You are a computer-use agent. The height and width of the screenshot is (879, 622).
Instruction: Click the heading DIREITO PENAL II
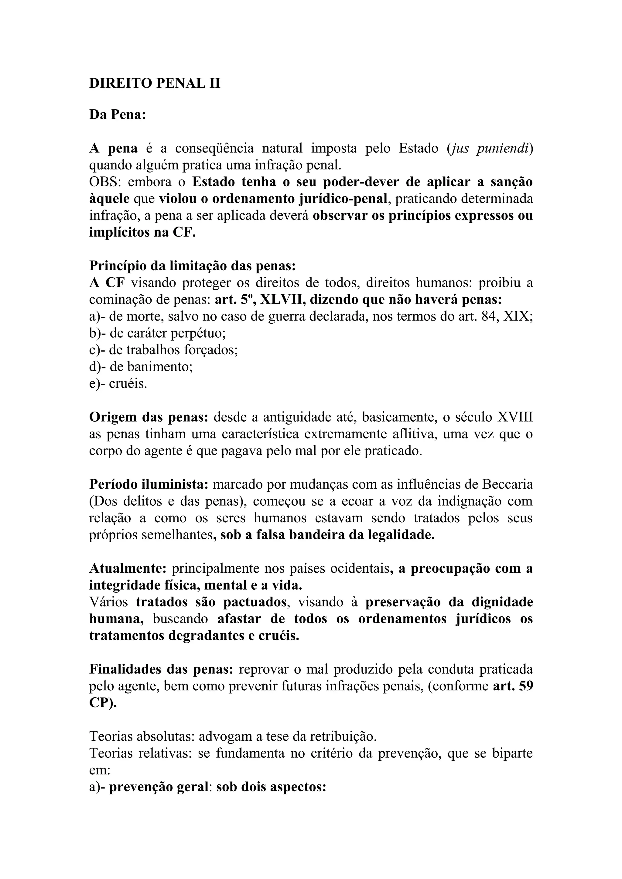tap(155, 83)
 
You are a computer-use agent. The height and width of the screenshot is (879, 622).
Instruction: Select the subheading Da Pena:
tap(118, 114)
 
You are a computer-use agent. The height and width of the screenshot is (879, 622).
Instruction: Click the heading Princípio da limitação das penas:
tap(192, 266)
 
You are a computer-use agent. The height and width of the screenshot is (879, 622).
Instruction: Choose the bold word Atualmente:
tap(128, 568)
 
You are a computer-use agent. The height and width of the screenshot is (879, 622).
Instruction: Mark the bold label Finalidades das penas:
tap(161, 669)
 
